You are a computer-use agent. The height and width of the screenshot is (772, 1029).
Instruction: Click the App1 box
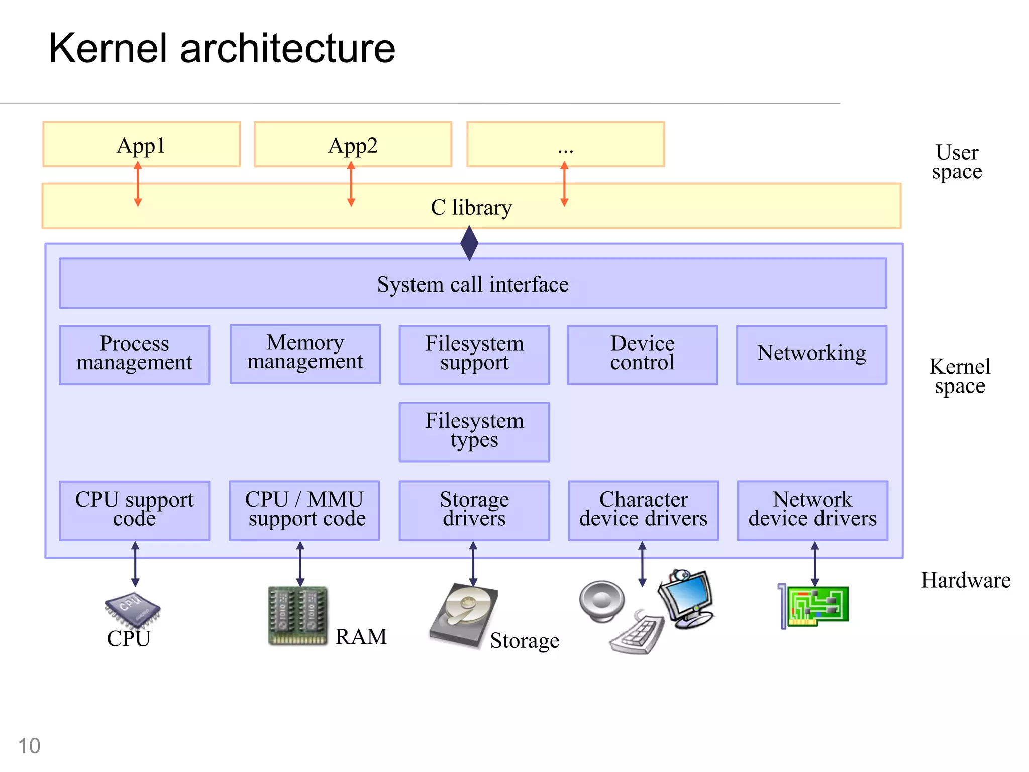pos(141,144)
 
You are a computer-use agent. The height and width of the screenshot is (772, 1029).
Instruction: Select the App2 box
pos(353,144)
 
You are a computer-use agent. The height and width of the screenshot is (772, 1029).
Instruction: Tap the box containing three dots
pos(565,144)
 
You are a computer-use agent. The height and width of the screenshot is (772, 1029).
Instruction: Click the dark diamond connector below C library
pos(469,243)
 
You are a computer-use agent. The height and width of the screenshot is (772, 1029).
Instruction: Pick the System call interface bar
pos(473,283)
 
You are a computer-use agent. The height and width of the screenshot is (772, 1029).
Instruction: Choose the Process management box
pos(134,355)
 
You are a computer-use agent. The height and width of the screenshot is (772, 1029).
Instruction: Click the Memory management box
pos(305,354)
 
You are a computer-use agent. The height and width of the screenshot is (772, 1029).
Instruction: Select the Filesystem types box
pos(474,432)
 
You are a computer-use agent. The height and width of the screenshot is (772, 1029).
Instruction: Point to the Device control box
pos(642,355)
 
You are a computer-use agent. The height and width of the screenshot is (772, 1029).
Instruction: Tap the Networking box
pos(811,355)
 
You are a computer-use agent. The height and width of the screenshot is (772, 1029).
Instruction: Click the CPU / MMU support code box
pos(304,511)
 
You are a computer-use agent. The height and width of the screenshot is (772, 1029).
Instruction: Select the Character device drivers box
pos(643,511)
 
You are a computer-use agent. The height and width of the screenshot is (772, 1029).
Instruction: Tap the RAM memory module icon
pos(297,616)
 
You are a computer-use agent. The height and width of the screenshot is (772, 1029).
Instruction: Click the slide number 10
pos(29,746)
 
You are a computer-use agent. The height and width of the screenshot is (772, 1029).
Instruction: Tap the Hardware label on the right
pos(965,581)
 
